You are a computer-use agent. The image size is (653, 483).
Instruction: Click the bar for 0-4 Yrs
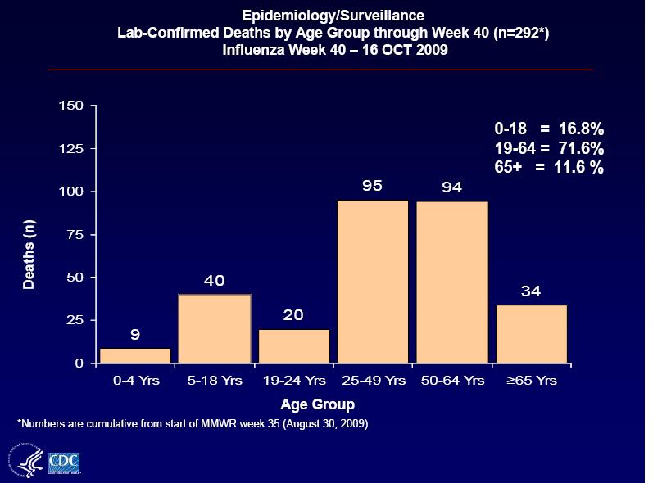[135, 355]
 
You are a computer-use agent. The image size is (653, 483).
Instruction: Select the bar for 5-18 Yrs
[215, 328]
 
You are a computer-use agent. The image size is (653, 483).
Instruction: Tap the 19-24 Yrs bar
[293, 345]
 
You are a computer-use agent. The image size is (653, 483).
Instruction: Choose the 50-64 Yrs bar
[452, 282]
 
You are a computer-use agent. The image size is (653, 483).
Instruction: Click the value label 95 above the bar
[373, 185]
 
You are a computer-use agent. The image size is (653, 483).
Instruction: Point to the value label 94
[452, 187]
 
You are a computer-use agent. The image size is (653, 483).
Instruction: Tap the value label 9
[135, 334]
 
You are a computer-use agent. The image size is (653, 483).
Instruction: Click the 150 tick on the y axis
[71, 106]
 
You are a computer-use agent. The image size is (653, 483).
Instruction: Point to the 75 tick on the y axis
[75, 235]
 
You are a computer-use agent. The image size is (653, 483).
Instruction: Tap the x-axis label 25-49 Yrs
[373, 381]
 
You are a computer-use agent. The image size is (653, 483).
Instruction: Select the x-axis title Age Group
[317, 404]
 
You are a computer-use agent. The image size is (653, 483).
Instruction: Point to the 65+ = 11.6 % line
[549, 168]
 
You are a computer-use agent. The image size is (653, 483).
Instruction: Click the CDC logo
[65, 462]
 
